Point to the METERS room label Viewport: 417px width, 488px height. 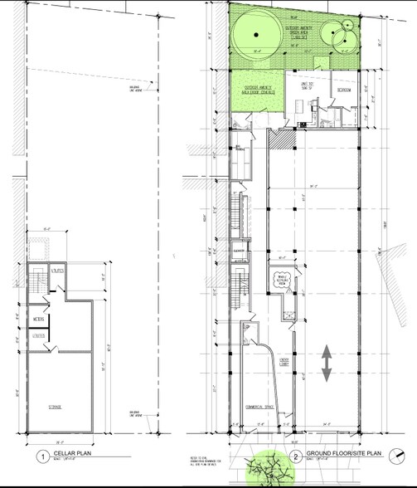click(38, 318)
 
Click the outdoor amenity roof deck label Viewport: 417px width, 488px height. click(257, 89)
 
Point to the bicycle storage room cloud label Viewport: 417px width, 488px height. click(281, 281)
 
